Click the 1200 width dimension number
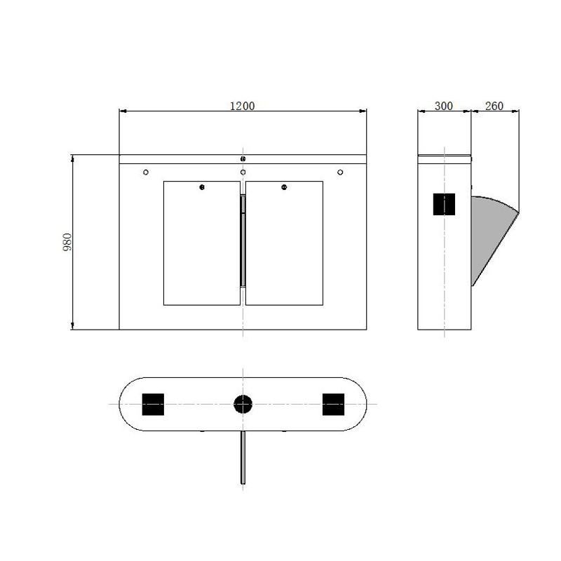tap(243, 106)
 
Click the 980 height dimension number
tap(68, 243)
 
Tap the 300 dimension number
tap(443, 106)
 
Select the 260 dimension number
tap(494, 106)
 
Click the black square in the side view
tap(445, 204)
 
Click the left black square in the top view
tap(153, 404)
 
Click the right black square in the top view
tap(333, 404)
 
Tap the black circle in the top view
tap(243, 404)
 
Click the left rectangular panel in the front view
tap(202, 245)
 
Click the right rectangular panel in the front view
tap(284, 245)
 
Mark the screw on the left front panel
tap(202, 187)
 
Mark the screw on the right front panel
tap(284, 187)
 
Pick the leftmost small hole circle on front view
tap(146, 173)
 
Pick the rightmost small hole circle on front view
tap(340, 173)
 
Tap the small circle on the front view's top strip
tap(243, 159)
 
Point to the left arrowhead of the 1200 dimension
tap(123, 111)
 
